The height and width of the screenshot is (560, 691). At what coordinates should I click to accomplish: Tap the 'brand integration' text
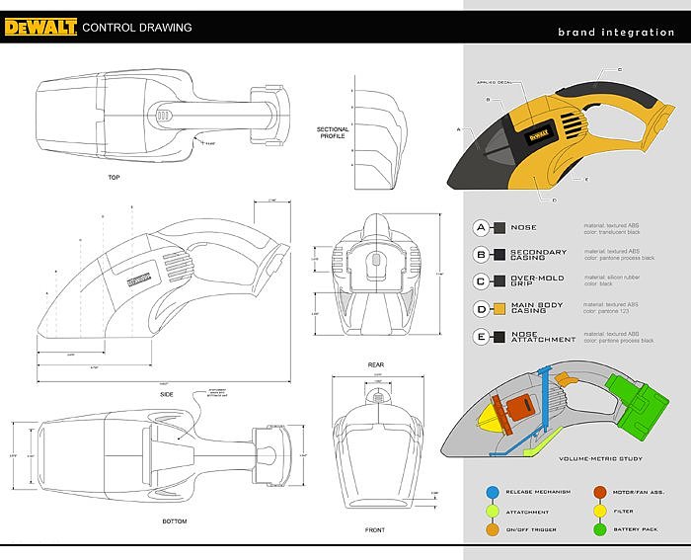tap(616, 33)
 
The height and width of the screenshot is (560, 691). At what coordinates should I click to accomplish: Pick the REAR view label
tap(375, 364)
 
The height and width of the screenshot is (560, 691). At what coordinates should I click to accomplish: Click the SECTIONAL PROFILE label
tap(333, 133)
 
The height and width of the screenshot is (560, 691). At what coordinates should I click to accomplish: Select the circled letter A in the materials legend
tap(481, 227)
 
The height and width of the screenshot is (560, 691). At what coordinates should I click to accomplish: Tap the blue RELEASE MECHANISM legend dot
tap(492, 490)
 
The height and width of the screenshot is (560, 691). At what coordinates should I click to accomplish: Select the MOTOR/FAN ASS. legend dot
tap(600, 490)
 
